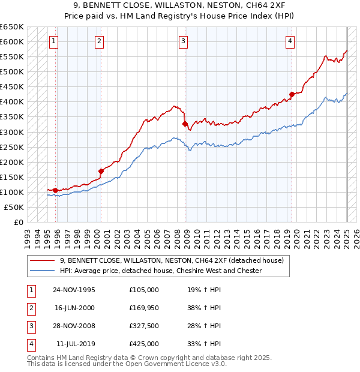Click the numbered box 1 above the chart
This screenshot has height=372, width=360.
point(54,41)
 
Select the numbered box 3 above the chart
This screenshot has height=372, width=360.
point(183,41)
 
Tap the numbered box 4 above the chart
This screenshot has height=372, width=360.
point(290,41)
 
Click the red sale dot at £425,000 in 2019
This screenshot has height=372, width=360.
point(292,94)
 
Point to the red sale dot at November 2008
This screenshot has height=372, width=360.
point(185,124)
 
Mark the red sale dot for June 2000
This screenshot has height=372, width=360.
point(101,171)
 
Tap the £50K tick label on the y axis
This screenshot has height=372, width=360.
point(14,207)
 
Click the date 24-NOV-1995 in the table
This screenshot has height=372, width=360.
point(74,290)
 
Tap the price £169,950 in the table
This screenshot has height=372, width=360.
point(144,308)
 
